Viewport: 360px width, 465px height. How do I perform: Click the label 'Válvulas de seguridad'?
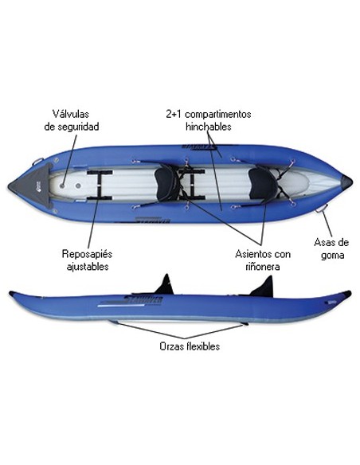pyautogui.click(x=71, y=120)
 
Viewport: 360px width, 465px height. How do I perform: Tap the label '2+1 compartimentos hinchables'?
pyautogui.click(x=209, y=120)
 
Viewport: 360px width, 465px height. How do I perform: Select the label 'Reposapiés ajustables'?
pyautogui.click(x=87, y=260)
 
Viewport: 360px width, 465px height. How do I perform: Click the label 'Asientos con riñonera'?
pyautogui.click(x=263, y=260)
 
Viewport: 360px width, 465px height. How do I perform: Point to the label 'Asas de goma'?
pyautogui.click(x=331, y=248)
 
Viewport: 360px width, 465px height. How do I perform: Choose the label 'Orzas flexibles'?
pyautogui.click(x=190, y=346)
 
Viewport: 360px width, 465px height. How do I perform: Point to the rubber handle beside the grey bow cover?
pyautogui.click(x=38, y=162)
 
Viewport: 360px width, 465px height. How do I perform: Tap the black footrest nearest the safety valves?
pyautogui.click(x=100, y=185)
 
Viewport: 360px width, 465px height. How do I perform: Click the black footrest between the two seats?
pyautogui.click(x=192, y=185)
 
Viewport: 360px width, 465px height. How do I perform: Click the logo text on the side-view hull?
pyautogui.click(x=143, y=300)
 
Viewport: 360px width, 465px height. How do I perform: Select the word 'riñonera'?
pyautogui.click(x=263, y=266)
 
